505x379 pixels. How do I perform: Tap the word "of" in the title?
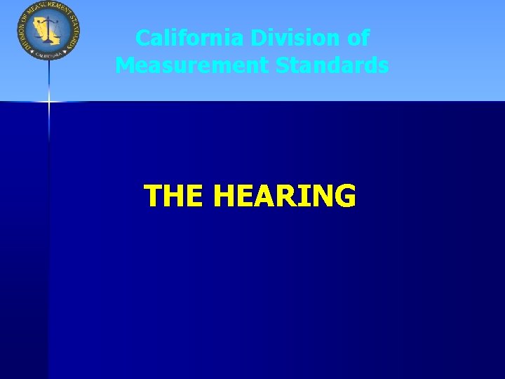(358, 38)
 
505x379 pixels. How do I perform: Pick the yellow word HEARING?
(285, 197)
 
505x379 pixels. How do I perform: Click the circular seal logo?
(48, 30)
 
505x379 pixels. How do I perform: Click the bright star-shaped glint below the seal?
(49, 102)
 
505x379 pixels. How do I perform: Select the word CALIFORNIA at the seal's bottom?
(48, 53)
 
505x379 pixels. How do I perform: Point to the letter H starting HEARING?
(227, 197)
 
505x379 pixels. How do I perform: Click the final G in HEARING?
(344, 197)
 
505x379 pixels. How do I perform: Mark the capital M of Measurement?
(126, 65)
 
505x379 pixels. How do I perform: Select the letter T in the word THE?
(152, 197)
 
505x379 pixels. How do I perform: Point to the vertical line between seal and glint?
(49, 77)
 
